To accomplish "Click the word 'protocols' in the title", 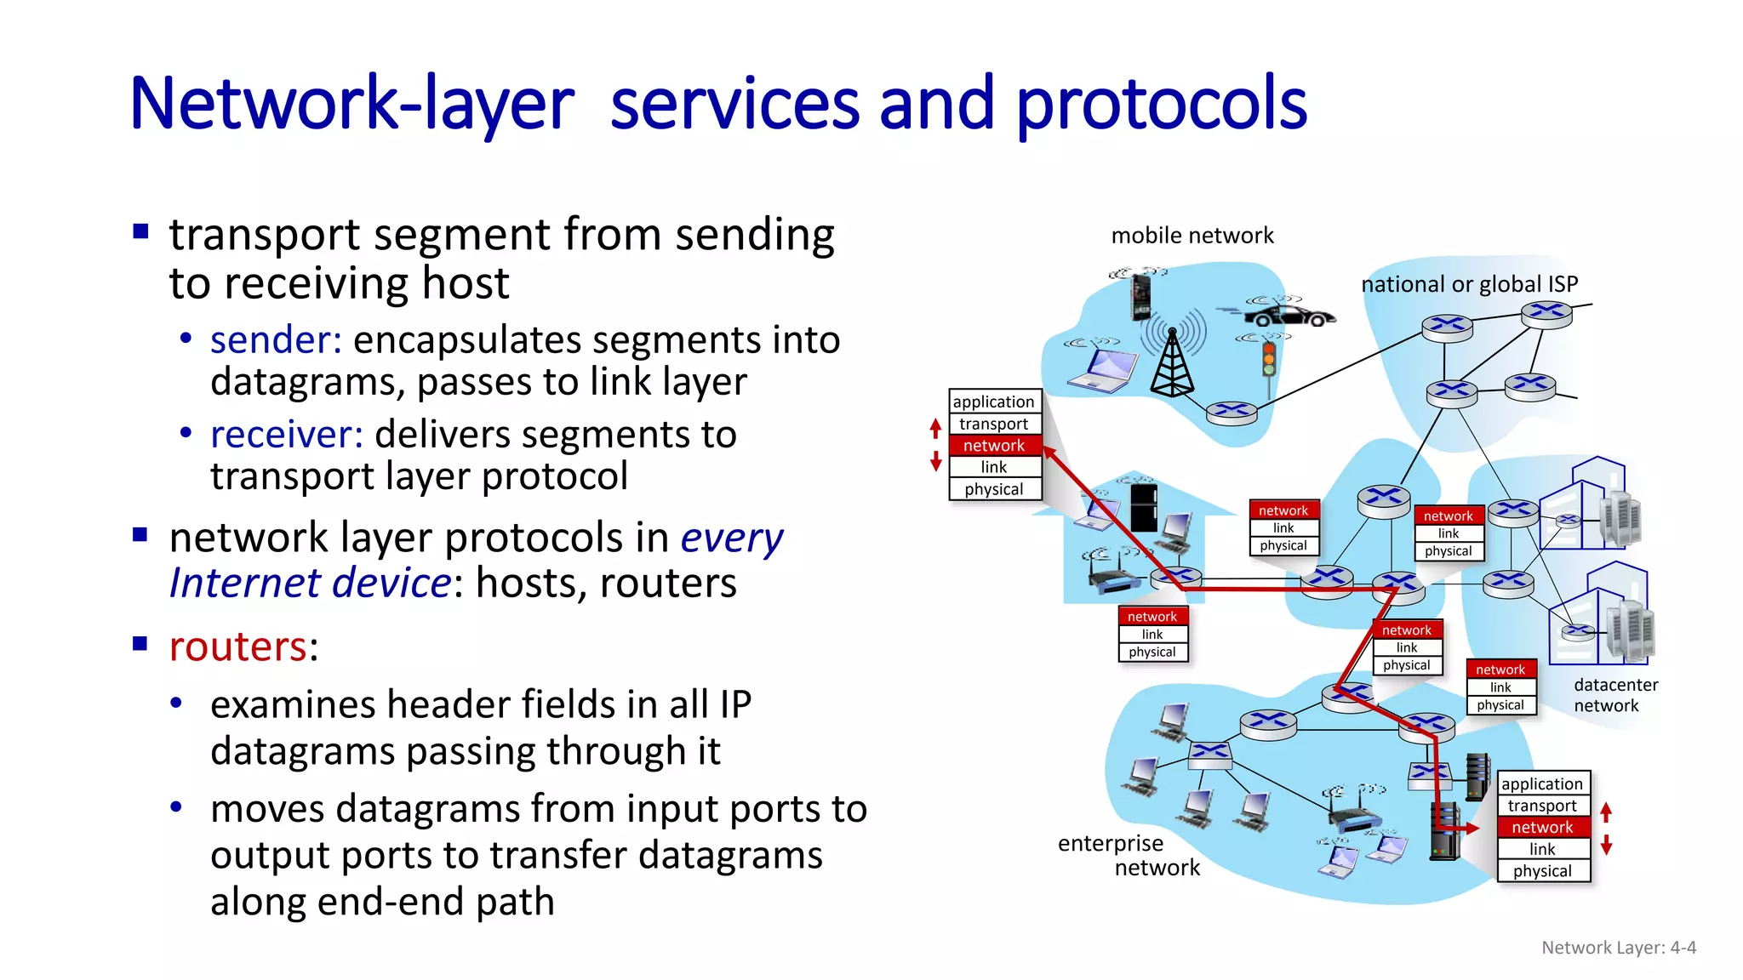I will [1161, 104].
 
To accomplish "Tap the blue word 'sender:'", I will [276, 340].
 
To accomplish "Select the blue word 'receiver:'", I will [287, 435].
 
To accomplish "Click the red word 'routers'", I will [237, 647].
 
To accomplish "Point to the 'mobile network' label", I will [1192, 236].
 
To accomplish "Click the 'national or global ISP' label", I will [1469, 284].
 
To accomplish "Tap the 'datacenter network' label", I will [1614, 695].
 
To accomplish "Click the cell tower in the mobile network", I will [1173, 362].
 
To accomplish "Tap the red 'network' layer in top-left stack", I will [994, 446].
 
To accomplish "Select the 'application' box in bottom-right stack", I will [1541, 783].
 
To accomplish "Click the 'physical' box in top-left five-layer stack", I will [994, 489].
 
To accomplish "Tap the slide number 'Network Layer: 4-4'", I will [1618, 948].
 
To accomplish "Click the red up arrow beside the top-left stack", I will [935, 428].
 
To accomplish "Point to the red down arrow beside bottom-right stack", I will [1606, 845].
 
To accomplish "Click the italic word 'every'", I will [731, 538].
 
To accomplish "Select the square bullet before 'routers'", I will [140, 644].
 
